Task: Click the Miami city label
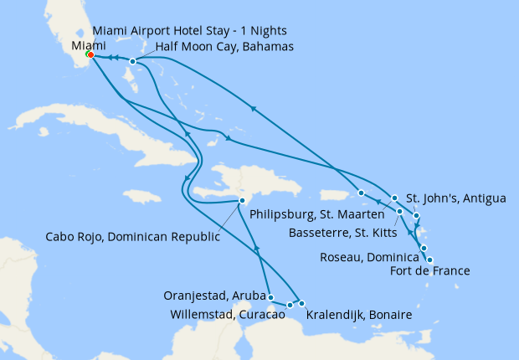[89, 45]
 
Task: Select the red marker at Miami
[90, 56]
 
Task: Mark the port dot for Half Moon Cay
[133, 61]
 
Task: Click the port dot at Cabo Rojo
[242, 200]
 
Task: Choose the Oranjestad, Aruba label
[216, 295]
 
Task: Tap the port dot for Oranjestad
[270, 296]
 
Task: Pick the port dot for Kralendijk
[301, 303]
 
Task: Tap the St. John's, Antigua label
[456, 198]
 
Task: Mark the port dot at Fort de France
[429, 260]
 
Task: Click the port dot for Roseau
[424, 248]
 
